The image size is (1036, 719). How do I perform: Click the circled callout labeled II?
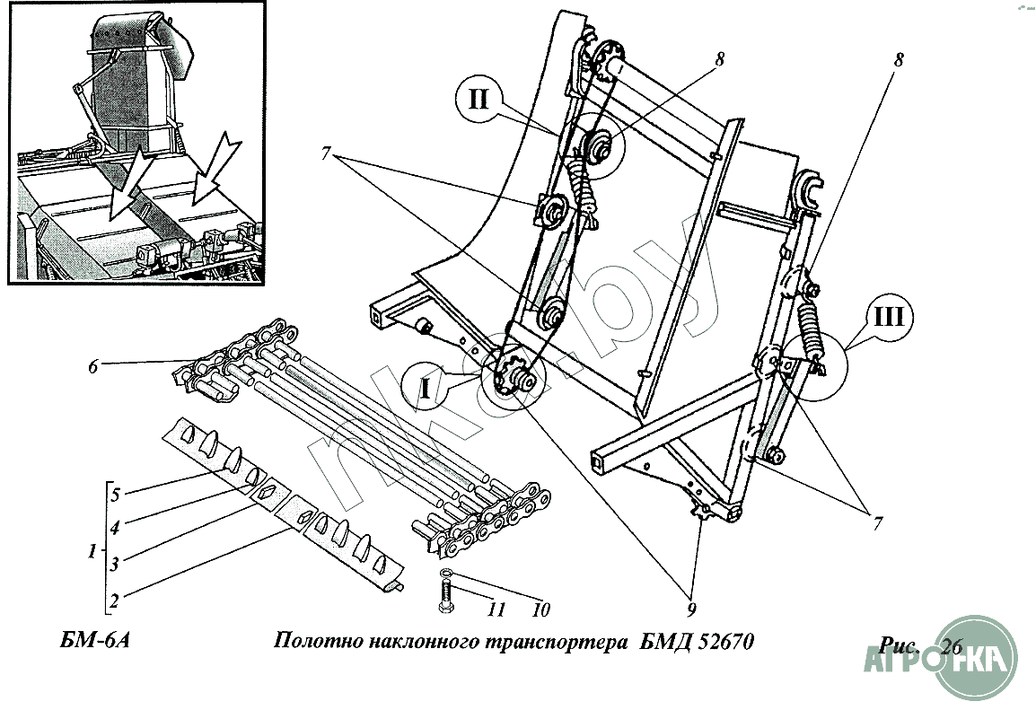tap(478, 97)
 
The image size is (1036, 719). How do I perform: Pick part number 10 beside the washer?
tap(540, 609)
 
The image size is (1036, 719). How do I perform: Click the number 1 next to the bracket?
tap(92, 553)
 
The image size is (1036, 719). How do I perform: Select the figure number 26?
tap(953, 647)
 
